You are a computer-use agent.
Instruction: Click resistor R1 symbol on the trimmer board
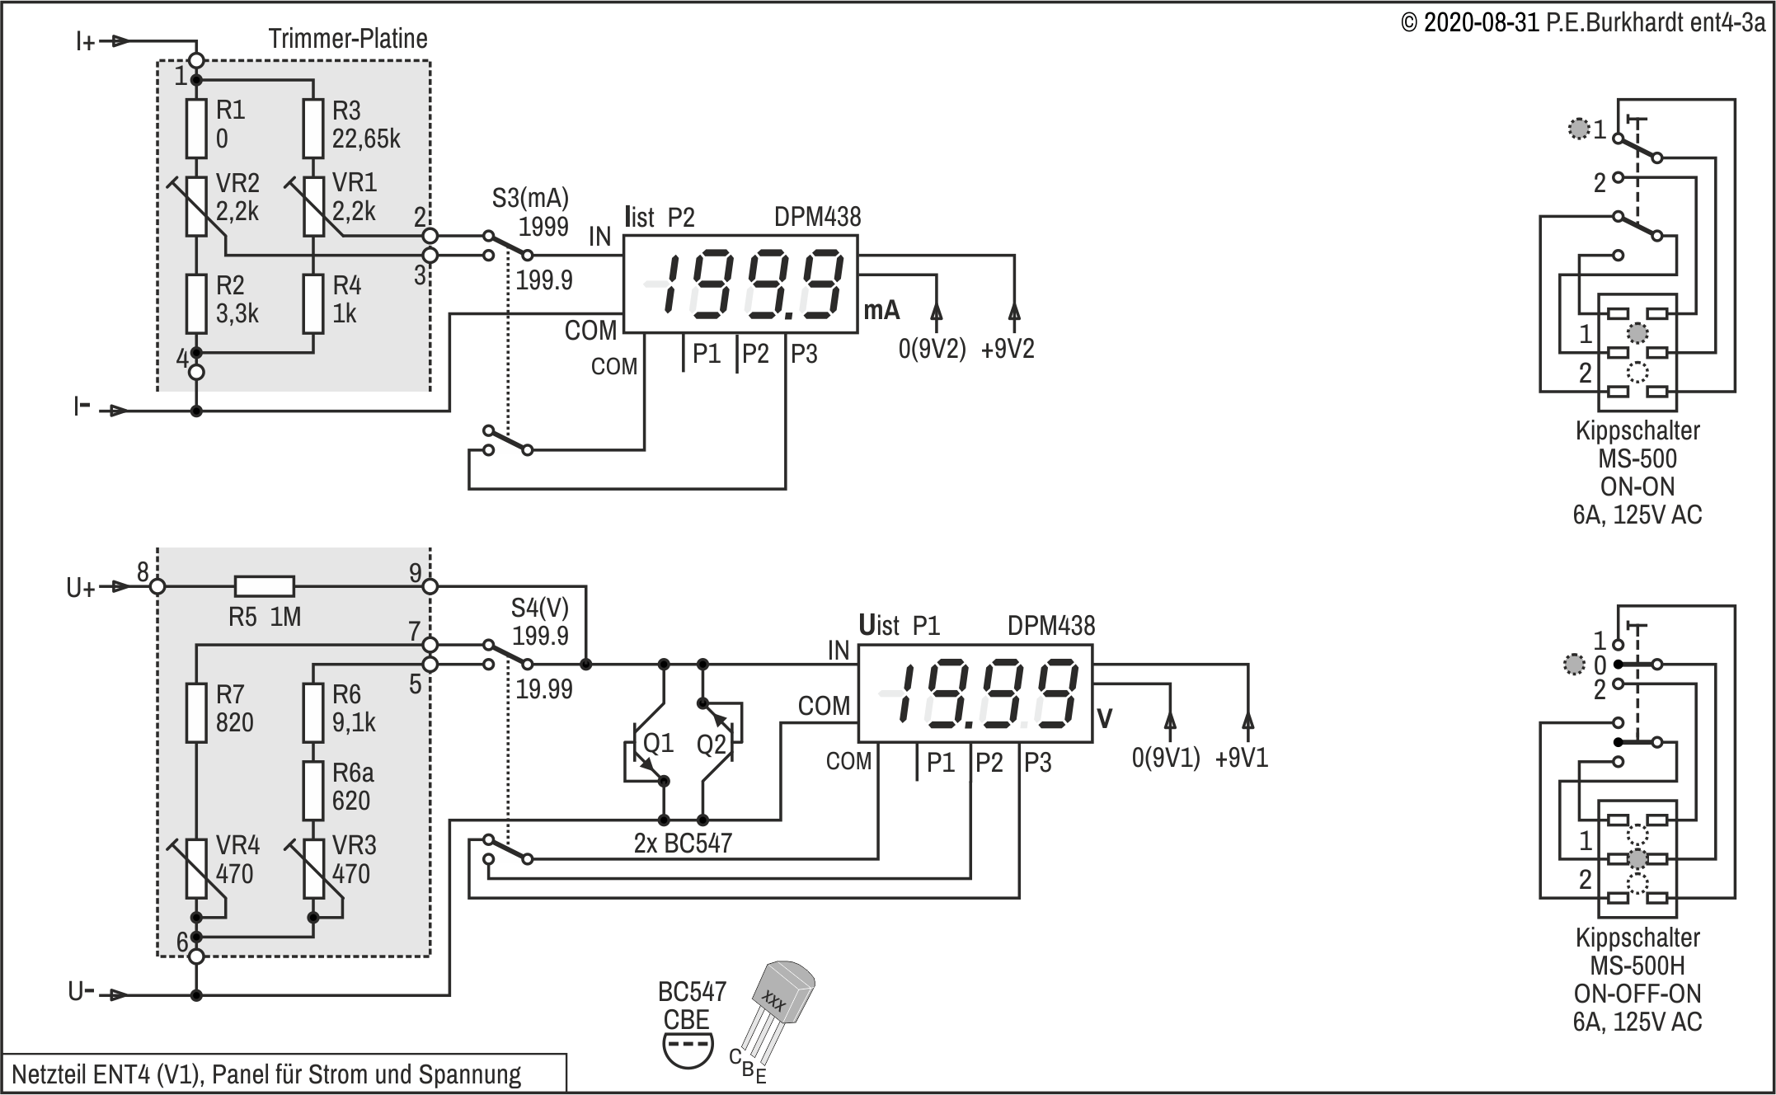coord(196,128)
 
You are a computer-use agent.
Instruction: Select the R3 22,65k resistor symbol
coord(312,128)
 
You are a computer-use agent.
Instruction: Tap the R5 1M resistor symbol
coord(264,586)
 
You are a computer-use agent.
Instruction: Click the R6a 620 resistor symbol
coord(312,790)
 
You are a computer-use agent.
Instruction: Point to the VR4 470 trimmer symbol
coord(196,867)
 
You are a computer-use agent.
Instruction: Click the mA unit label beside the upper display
coord(881,311)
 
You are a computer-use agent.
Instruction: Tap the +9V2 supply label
coord(1008,349)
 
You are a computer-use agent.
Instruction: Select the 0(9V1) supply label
coord(1166,758)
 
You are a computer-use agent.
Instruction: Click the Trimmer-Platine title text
coord(348,39)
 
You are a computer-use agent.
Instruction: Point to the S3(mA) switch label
coord(530,198)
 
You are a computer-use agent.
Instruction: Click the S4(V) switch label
coord(540,608)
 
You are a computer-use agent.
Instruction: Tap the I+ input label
coord(86,41)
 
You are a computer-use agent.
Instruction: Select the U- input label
coord(81,992)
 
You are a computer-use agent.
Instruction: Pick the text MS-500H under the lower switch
coord(1637,966)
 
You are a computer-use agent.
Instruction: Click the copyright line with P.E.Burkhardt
coord(1583,22)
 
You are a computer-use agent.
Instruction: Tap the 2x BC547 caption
coord(683,843)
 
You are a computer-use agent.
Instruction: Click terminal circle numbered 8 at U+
coord(157,586)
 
